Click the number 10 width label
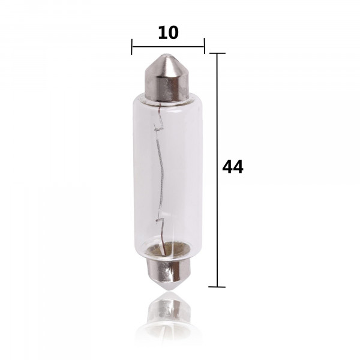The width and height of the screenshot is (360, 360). pos(168,32)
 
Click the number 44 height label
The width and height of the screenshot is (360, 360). pos(233,167)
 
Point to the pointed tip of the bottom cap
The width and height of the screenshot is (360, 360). pos(169,290)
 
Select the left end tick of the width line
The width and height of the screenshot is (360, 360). pos(131,47)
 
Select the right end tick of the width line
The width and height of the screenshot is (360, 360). pos(204,46)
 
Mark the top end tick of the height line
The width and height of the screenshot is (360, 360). pos(217,53)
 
